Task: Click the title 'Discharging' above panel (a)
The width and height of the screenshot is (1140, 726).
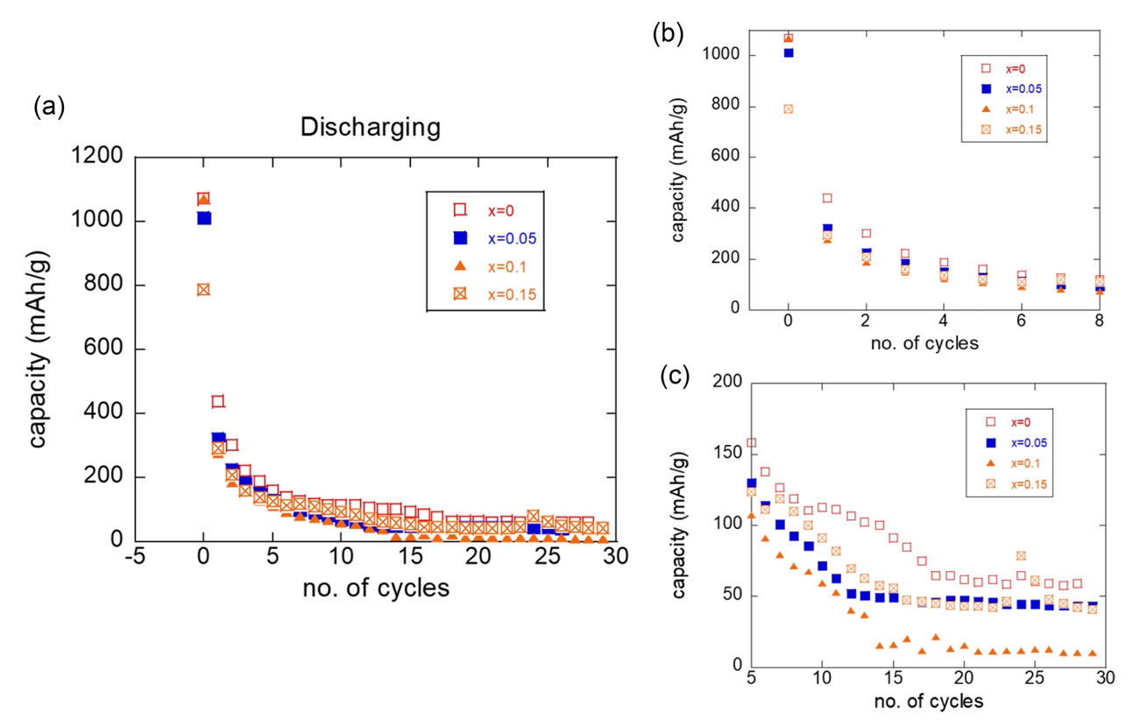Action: pos(370,128)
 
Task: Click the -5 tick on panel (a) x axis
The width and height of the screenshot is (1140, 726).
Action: pos(135,558)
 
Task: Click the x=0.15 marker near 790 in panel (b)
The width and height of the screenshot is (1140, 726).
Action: pos(788,109)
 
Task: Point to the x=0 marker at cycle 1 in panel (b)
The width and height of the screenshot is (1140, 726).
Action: pos(826,198)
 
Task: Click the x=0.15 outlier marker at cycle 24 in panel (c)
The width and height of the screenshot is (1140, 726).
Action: pos(1021,556)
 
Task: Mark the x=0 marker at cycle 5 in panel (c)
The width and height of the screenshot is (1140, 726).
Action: pos(751,443)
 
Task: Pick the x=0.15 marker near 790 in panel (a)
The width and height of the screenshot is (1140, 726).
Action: pos(203,290)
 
